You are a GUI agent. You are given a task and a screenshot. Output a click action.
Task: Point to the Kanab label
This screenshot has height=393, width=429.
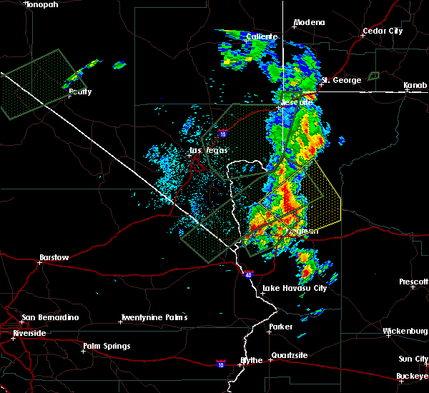pyautogui.click(x=415, y=86)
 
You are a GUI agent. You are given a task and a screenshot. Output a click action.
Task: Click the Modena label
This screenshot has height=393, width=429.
pyautogui.click(x=309, y=23)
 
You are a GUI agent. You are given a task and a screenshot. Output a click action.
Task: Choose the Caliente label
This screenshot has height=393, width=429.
pyautogui.click(x=261, y=36)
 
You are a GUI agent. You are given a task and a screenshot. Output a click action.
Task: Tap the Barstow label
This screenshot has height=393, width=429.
pyautogui.click(x=54, y=257)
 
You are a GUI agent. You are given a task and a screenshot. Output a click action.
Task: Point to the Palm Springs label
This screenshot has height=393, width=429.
pyautogui.click(x=107, y=347)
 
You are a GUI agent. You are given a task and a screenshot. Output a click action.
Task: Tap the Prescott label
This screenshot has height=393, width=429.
pyautogui.click(x=413, y=282)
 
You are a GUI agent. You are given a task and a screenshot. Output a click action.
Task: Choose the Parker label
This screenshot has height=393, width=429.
pyautogui.click(x=280, y=327)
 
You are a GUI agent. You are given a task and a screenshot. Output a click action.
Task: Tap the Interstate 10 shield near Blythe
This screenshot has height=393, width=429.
pyautogui.click(x=222, y=364)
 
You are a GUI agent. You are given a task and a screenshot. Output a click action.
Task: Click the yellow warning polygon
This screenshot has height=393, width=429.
pyautogui.click(x=322, y=187)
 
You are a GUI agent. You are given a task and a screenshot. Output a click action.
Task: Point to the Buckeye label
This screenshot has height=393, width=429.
pyautogui.click(x=412, y=376)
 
